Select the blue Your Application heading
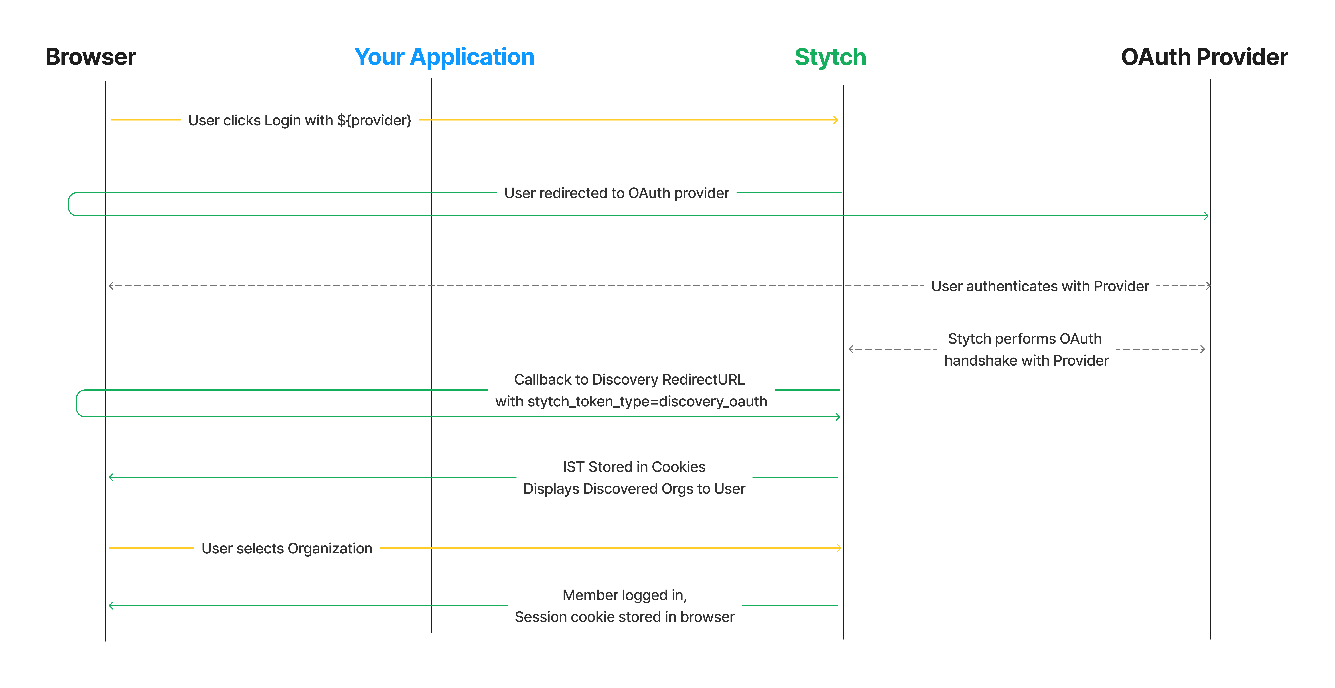coord(444,57)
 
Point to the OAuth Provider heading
coord(1204,57)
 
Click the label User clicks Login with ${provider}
coord(299,120)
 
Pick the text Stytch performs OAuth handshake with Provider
coord(1026,349)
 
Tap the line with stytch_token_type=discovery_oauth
coord(631,401)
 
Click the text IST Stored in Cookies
coord(634,467)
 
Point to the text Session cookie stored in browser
coord(624,617)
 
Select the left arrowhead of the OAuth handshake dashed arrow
coord(851,349)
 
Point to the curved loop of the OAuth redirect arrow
coord(69,204)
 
